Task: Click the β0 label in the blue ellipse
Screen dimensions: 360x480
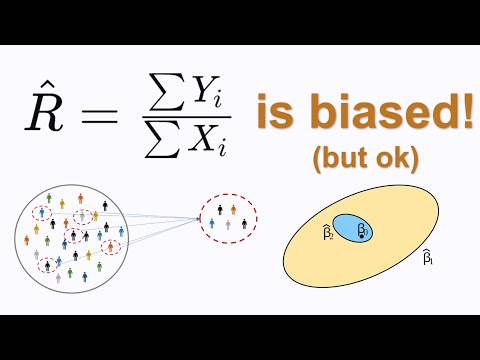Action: pyautogui.click(x=363, y=230)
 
